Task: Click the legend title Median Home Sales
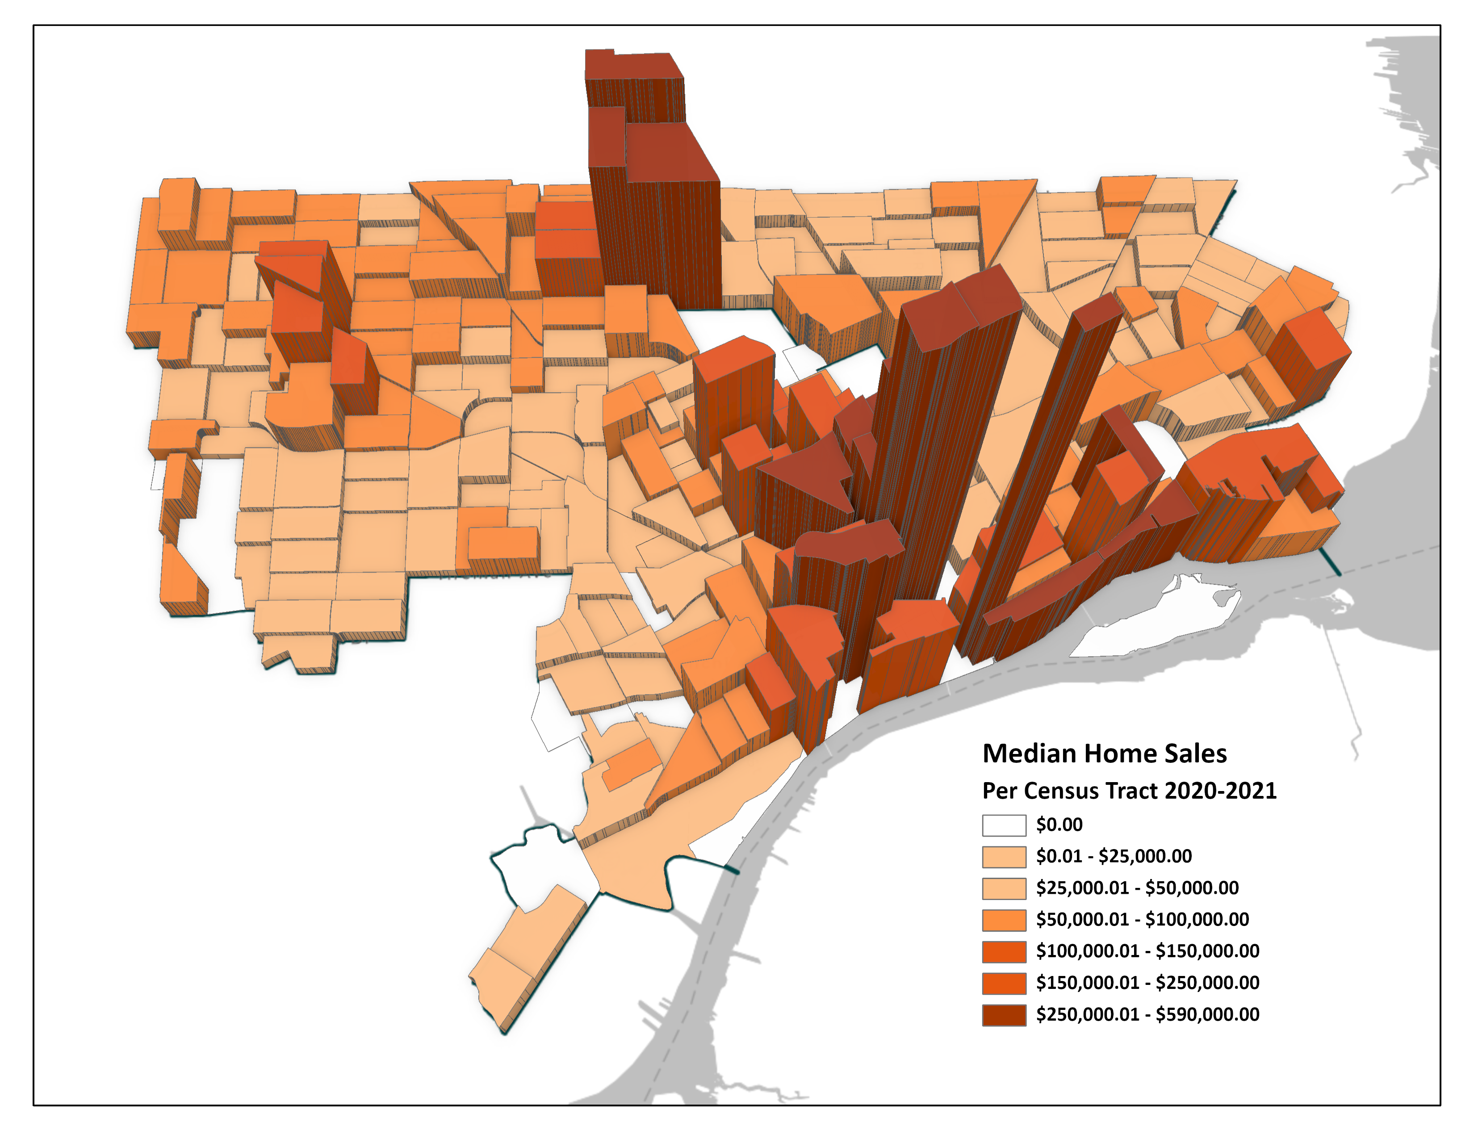(x=1104, y=754)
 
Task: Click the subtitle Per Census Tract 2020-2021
(x=1129, y=791)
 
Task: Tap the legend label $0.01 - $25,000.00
(x=1114, y=856)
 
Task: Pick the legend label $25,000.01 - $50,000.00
(x=1137, y=888)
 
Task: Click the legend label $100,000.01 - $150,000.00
(x=1147, y=951)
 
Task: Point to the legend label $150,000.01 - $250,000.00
(x=1147, y=983)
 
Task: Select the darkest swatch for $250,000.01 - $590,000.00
(x=1004, y=1015)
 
